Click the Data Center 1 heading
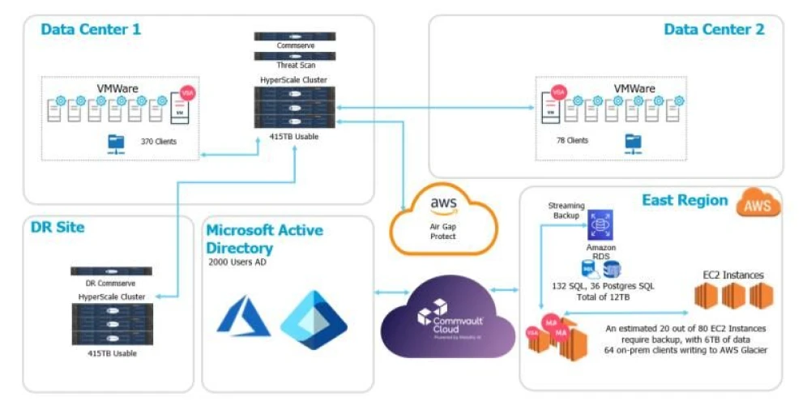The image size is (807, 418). [x=91, y=30]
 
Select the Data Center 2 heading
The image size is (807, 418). [x=714, y=30]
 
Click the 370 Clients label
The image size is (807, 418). [x=158, y=142]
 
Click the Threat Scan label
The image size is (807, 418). [x=295, y=65]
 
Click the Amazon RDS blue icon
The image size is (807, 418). [x=600, y=224]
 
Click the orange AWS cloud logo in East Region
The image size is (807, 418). [x=758, y=204]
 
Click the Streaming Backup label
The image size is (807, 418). [x=566, y=211]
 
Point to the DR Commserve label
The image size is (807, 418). [x=111, y=284]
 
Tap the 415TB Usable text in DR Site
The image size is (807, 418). [x=112, y=354]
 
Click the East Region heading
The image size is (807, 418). [x=685, y=200]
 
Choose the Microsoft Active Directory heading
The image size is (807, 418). [x=264, y=238]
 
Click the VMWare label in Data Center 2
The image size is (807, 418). [x=634, y=88]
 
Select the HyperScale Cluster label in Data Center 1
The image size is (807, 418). [x=293, y=80]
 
